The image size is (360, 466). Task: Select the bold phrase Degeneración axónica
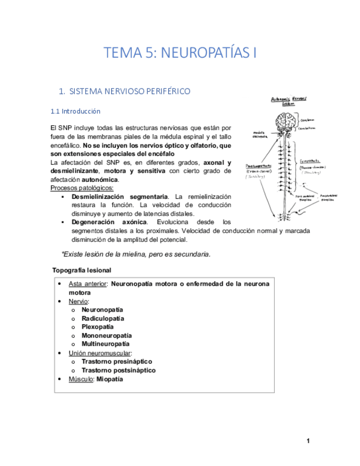(x=109, y=222)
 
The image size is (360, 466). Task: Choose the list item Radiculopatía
(x=103, y=318)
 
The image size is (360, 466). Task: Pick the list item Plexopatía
(x=98, y=327)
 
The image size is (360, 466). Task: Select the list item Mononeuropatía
(x=107, y=336)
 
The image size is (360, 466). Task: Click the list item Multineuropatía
(x=106, y=344)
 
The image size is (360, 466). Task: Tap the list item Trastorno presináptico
(x=117, y=362)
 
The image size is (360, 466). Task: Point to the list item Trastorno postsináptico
(x=118, y=370)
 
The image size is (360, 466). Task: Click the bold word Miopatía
(x=109, y=379)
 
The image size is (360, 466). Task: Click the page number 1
(x=308, y=441)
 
